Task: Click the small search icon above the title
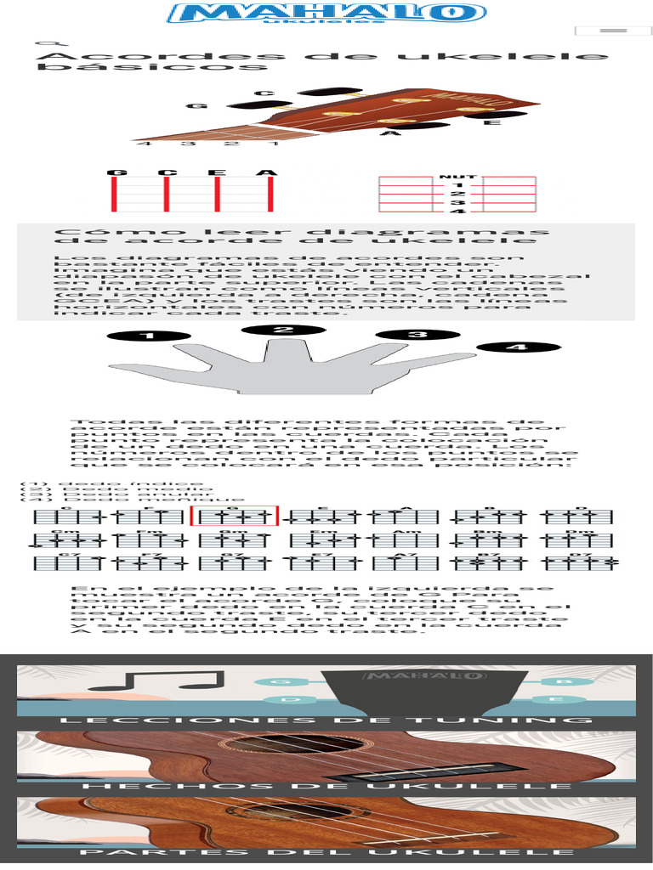click(49, 44)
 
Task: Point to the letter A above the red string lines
click(269, 173)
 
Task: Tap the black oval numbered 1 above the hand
click(150, 336)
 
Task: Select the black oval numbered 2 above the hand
click(283, 330)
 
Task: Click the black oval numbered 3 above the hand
click(417, 334)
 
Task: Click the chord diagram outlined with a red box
click(235, 516)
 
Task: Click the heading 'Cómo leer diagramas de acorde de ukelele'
click(302, 235)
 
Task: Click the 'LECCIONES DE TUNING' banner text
click(326, 720)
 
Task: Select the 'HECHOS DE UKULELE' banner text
click(326, 788)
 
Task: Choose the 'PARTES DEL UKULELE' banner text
click(326, 852)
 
